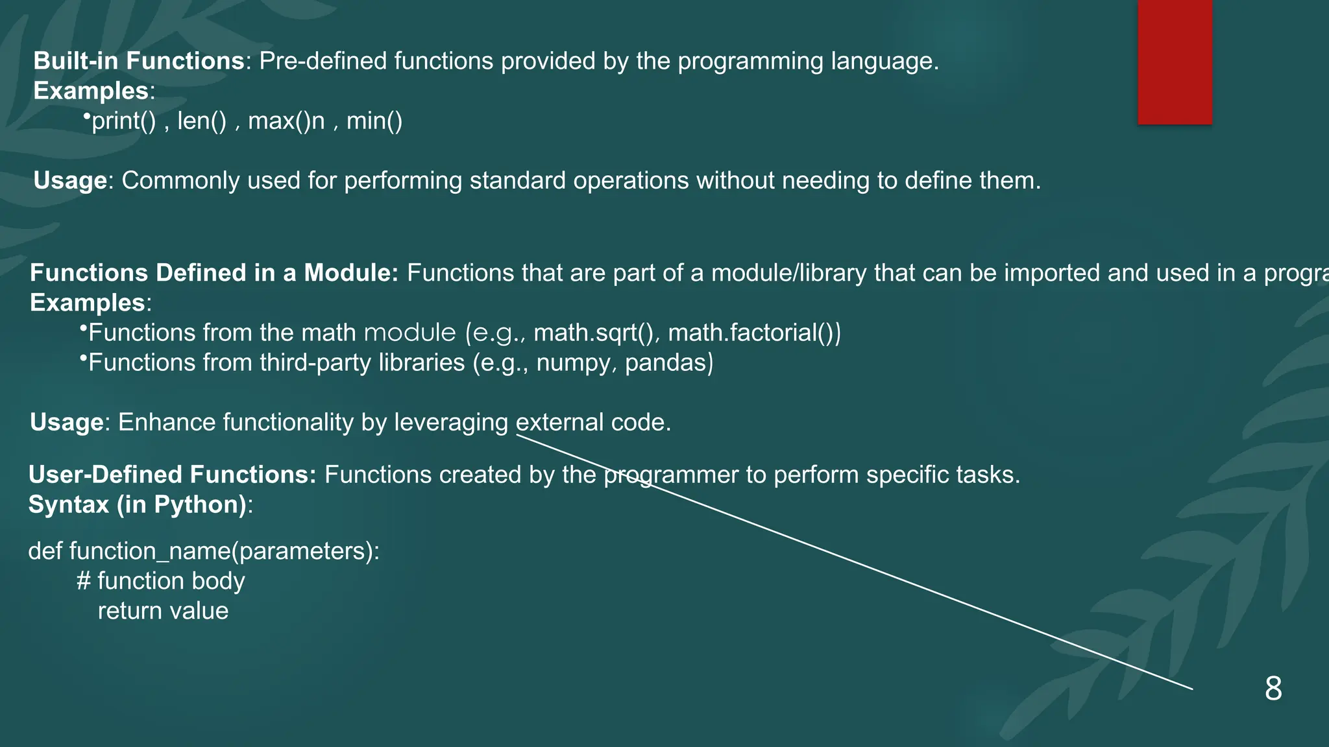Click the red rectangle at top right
(x=1175, y=62)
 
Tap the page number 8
(x=1273, y=688)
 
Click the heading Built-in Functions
(x=138, y=61)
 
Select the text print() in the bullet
(x=123, y=121)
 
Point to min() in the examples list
(x=374, y=121)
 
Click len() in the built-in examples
(x=202, y=121)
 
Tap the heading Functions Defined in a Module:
(x=214, y=273)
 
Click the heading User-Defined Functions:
(x=172, y=475)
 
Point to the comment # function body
(x=161, y=581)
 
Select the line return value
(x=163, y=611)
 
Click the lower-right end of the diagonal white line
(x=1191, y=689)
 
